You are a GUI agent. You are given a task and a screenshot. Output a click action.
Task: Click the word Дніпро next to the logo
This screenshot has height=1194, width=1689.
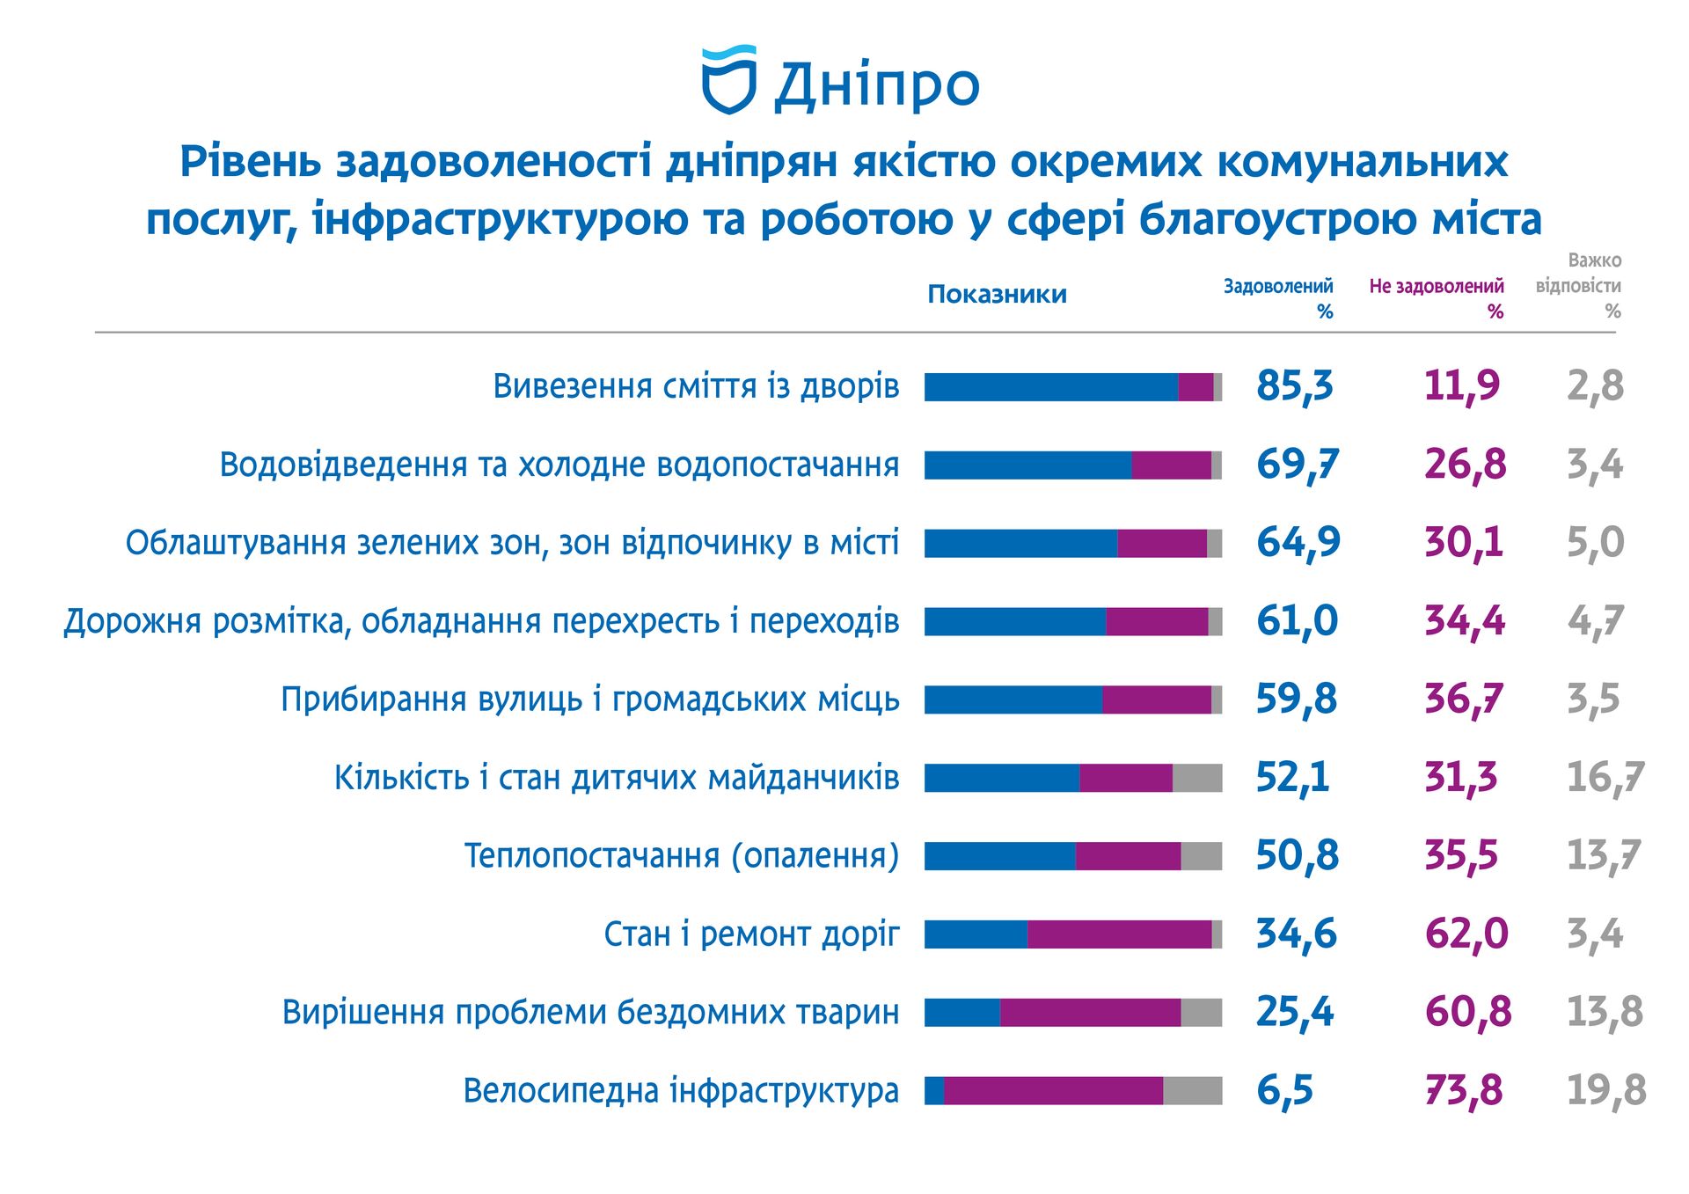point(876,85)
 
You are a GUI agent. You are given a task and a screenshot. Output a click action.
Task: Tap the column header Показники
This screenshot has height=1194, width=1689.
point(997,294)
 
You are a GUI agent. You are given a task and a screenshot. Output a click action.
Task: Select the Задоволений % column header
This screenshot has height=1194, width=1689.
point(1278,297)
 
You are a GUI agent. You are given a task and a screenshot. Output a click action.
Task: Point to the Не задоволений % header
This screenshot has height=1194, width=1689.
point(1436,297)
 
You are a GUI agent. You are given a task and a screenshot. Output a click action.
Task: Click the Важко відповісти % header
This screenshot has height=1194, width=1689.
point(1579,285)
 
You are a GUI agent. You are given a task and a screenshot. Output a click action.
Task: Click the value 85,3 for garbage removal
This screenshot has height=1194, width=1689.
point(1294,386)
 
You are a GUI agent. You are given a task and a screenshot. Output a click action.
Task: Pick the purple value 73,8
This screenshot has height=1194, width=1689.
point(1463,1091)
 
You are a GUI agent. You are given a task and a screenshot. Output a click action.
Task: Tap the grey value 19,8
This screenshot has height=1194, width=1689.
point(1605,1091)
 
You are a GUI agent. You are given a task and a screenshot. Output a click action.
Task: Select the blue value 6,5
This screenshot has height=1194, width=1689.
point(1284,1091)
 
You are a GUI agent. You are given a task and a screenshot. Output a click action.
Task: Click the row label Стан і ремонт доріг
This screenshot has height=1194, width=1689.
point(751,934)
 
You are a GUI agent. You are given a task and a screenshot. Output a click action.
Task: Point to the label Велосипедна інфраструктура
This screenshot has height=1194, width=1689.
point(681,1091)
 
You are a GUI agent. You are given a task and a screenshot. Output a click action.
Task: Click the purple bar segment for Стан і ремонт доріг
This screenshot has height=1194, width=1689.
point(1119,934)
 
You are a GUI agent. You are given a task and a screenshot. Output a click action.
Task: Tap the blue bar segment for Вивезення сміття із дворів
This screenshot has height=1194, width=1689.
point(1050,387)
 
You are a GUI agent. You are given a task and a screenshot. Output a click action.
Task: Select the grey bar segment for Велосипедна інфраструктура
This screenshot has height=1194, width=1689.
point(1192,1091)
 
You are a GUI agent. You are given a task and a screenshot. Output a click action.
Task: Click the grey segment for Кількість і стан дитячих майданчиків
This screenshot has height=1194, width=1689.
point(1196,778)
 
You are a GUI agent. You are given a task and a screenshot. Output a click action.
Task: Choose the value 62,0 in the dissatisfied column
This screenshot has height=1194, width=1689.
point(1466,934)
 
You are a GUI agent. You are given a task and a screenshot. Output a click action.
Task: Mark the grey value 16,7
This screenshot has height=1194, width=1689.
point(1604,778)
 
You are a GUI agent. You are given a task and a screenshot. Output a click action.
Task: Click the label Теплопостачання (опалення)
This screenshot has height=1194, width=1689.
point(681,856)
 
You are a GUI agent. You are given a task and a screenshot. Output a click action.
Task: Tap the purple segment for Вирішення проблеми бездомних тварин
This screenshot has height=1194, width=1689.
point(1090,1013)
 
